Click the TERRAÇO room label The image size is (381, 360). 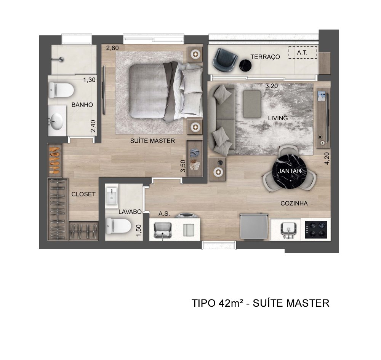[x=265, y=57]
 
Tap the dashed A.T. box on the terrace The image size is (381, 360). [x=303, y=53]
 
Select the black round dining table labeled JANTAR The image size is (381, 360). [x=290, y=171]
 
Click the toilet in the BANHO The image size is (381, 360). [x=61, y=90]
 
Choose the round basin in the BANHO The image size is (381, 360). [x=56, y=121]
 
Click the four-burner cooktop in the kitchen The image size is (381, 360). [x=316, y=229]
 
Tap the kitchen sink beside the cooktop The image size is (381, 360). [x=288, y=229]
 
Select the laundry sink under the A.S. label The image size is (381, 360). [x=163, y=230]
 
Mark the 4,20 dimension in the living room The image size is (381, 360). [x=327, y=159]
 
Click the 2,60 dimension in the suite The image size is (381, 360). [x=112, y=48]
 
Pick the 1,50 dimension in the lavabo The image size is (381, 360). [x=139, y=230]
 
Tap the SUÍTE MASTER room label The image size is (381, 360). [x=152, y=141]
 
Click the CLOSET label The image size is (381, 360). [x=83, y=194]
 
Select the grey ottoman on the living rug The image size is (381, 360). [x=252, y=104]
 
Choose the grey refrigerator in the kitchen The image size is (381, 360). [x=254, y=226]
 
